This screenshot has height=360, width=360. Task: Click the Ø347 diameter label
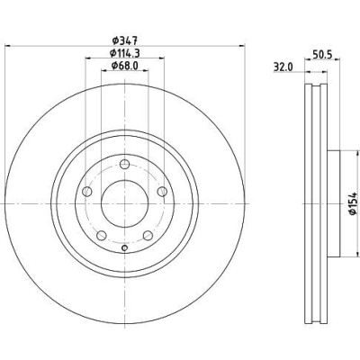coord(124,40)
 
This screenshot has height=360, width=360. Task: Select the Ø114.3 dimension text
coord(125,53)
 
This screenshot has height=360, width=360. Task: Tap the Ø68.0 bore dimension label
coord(124,66)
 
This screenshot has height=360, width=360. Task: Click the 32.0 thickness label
coord(283,67)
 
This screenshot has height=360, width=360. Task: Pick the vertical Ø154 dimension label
coord(353,203)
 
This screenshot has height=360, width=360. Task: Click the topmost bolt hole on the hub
coord(124,165)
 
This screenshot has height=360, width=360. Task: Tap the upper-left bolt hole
coord(87,192)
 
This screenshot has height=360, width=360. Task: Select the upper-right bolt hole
coord(162,192)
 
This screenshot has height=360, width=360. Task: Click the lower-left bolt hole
coord(102,236)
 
